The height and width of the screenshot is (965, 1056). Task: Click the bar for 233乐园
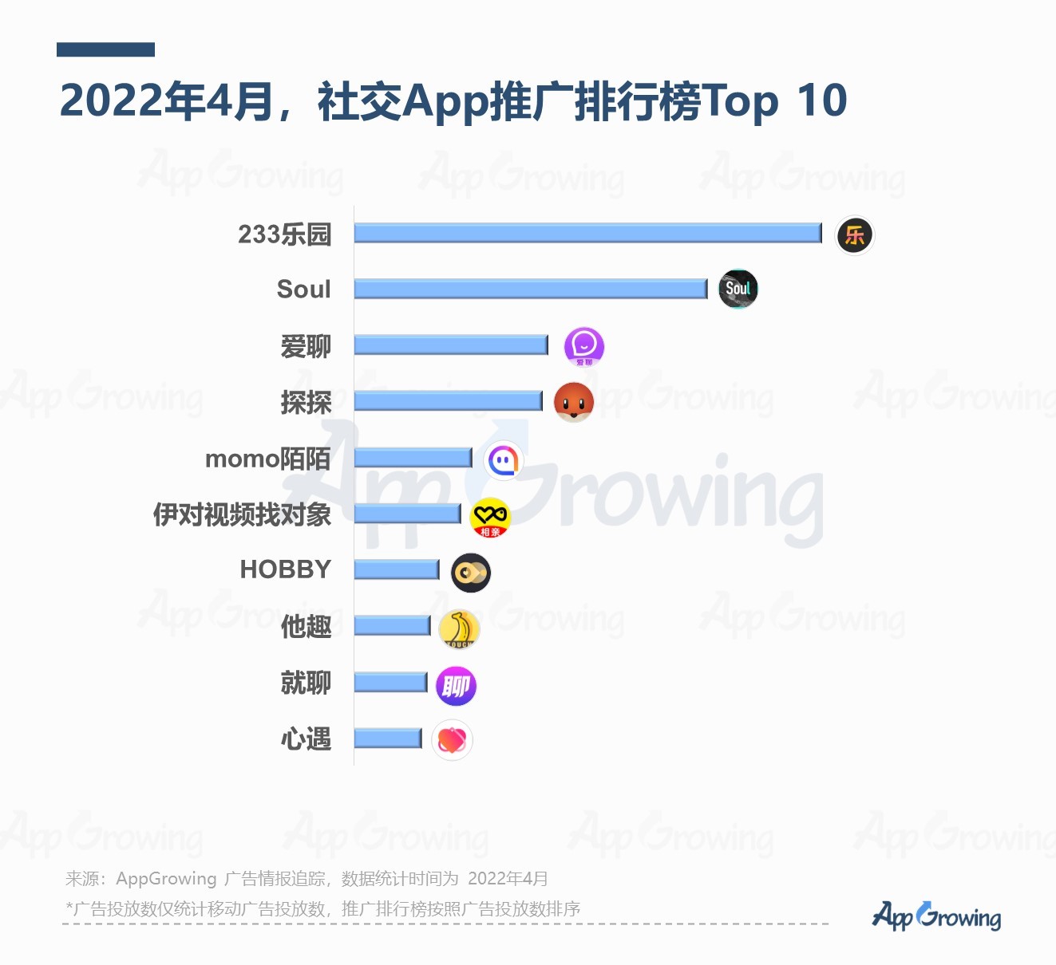587,233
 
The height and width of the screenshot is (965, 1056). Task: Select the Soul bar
531,289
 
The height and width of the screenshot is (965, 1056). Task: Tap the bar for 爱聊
451,345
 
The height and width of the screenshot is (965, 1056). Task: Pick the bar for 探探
448,400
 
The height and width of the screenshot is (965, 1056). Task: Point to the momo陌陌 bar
413,457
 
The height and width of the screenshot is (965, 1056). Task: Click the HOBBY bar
397,569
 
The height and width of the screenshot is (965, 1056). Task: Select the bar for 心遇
388,739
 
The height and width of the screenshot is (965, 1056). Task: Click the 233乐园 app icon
855,235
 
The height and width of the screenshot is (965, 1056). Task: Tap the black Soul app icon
738,289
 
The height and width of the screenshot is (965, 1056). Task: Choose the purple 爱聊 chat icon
584,347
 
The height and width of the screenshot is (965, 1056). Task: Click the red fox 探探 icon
574,401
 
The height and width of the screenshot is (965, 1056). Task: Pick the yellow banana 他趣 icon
459,629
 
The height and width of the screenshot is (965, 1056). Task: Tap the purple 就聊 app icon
456,686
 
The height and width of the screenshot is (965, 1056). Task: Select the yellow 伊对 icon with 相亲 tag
490,517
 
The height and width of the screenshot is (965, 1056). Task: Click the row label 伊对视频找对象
242,514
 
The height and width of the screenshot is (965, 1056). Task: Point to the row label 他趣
306,627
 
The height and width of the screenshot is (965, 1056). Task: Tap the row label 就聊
306,683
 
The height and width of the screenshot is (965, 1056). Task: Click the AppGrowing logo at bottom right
936,916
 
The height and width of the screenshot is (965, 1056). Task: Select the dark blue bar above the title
105,49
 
